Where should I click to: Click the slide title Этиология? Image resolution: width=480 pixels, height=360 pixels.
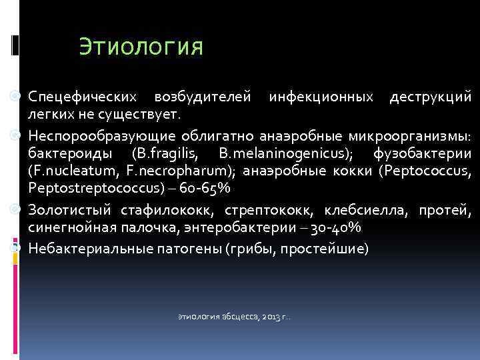(140, 47)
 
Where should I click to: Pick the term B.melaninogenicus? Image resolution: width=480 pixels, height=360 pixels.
(268, 154)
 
